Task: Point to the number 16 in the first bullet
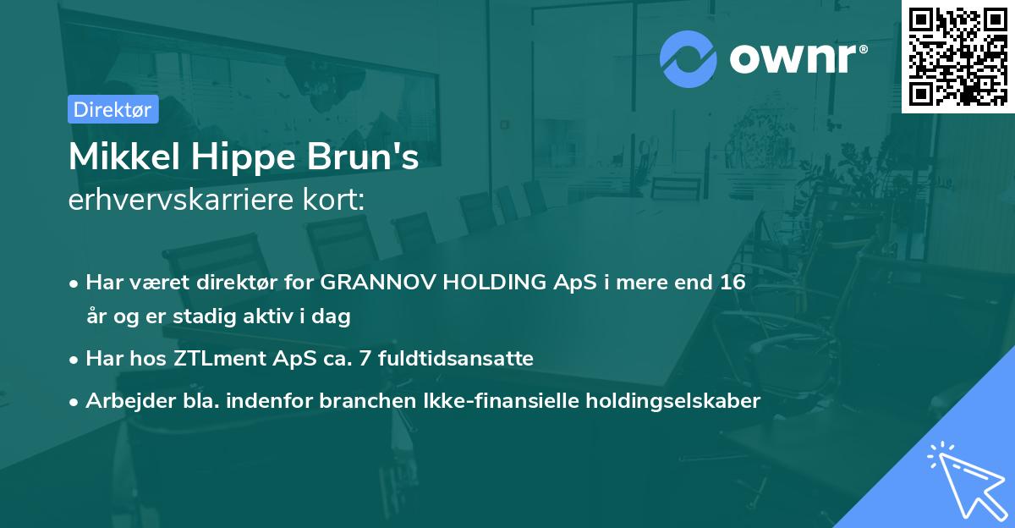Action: tap(732, 283)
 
